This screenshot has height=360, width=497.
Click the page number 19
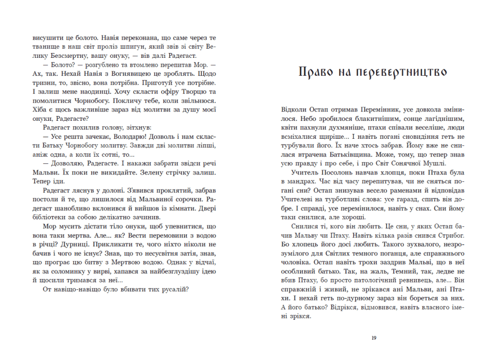click(x=374, y=338)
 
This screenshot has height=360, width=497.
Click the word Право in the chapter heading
click(x=317, y=72)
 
